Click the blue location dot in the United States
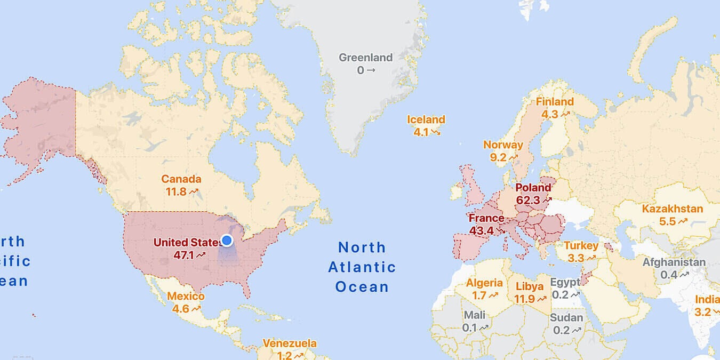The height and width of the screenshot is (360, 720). click(227, 241)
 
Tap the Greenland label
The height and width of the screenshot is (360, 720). click(365, 58)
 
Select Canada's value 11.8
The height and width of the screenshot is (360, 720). click(176, 191)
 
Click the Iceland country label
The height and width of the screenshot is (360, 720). click(426, 119)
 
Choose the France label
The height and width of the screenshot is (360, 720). click(486, 218)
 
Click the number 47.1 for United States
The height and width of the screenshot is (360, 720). click(184, 255)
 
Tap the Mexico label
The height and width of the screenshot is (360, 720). click(186, 296)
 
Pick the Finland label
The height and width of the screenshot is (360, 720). click(555, 101)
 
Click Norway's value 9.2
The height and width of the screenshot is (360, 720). click(498, 157)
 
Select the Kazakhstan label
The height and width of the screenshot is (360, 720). click(672, 209)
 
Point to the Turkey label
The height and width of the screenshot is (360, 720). click(581, 246)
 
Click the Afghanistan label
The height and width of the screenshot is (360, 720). click(674, 262)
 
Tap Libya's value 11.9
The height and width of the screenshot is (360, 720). click(524, 299)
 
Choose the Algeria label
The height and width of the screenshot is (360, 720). click(484, 283)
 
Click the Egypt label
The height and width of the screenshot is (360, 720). click(565, 282)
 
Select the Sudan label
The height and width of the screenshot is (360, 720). click(566, 318)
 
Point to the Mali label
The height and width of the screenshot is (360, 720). click(474, 315)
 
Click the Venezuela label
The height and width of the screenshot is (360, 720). click(290, 343)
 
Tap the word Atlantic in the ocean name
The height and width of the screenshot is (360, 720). click(362, 267)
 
